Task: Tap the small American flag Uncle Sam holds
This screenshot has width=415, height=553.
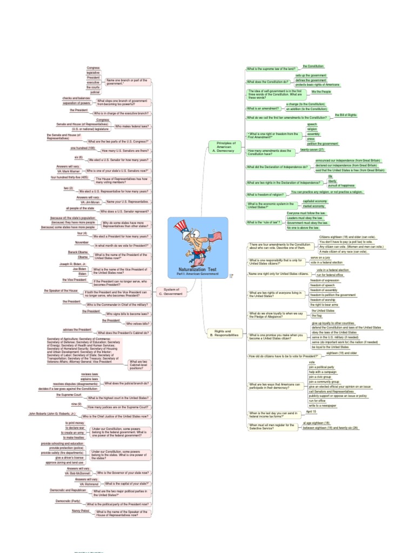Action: [x=215, y=236]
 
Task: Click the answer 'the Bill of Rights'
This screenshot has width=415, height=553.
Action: [x=346, y=115]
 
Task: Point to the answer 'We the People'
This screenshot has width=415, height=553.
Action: [x=320, y=92]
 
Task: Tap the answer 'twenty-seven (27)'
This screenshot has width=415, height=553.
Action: [x=312, y=150]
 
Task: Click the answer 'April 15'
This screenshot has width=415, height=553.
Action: [x=311, y=412]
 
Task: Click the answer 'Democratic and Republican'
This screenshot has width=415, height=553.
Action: [x=68, y=490]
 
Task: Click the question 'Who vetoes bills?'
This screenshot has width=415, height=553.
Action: [x=137, y=323]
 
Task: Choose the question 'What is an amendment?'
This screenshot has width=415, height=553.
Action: [x=263, y=108]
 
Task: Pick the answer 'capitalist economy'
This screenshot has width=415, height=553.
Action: [x=315, y=201]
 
